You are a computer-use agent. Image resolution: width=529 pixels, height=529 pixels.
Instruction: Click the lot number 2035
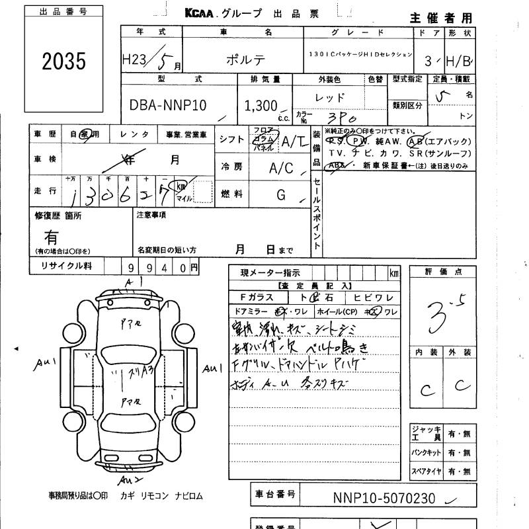tap(64, 61)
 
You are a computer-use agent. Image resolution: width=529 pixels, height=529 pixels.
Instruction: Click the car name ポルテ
tap(247, 59)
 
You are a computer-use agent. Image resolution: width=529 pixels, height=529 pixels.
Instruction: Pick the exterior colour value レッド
tap(330, 97)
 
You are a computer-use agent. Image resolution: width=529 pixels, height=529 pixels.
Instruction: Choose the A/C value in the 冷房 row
tap(280, 168)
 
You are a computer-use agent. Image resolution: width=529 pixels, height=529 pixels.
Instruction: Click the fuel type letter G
tap(281, 194)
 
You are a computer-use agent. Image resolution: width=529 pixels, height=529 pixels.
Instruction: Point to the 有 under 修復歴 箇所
tap(51, 236)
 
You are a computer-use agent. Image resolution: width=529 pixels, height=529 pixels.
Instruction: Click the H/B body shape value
tap(458, 61)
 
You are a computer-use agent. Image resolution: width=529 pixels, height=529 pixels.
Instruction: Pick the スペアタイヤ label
tap(425, 472)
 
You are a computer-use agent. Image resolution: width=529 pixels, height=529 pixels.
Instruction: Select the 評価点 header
tap(444, 272)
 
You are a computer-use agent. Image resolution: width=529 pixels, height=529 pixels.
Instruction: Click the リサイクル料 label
tap(69, 266)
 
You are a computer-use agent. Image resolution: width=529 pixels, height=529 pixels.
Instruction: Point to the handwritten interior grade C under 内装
tap(427, 389)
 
